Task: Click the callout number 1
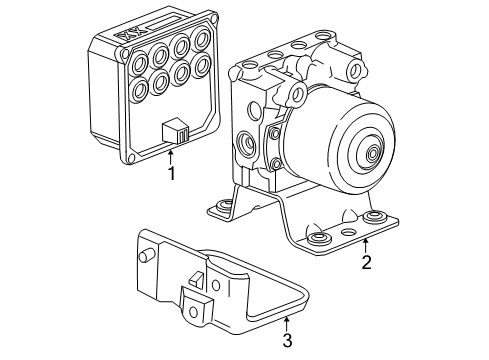171,173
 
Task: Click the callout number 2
366,263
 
